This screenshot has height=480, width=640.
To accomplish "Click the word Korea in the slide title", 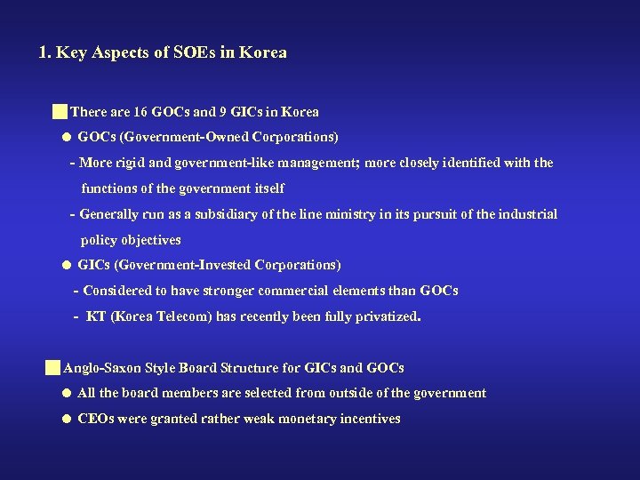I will pyautogui.click(x=265, y=52).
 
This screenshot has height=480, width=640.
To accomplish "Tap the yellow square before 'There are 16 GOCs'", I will pyautogui.click(x=60, y=112).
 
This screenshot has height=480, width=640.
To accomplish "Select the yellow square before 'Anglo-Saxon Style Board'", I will pyautogui.click(x=53, y=367).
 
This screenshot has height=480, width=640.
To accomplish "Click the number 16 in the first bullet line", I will pyautogui.click(x=140, y=112).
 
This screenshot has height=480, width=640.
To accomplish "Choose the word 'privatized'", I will pyautogui.click(x=385, y=316).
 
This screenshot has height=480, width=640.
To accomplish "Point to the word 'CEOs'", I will pyautogui.click(x=95, y=418).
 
